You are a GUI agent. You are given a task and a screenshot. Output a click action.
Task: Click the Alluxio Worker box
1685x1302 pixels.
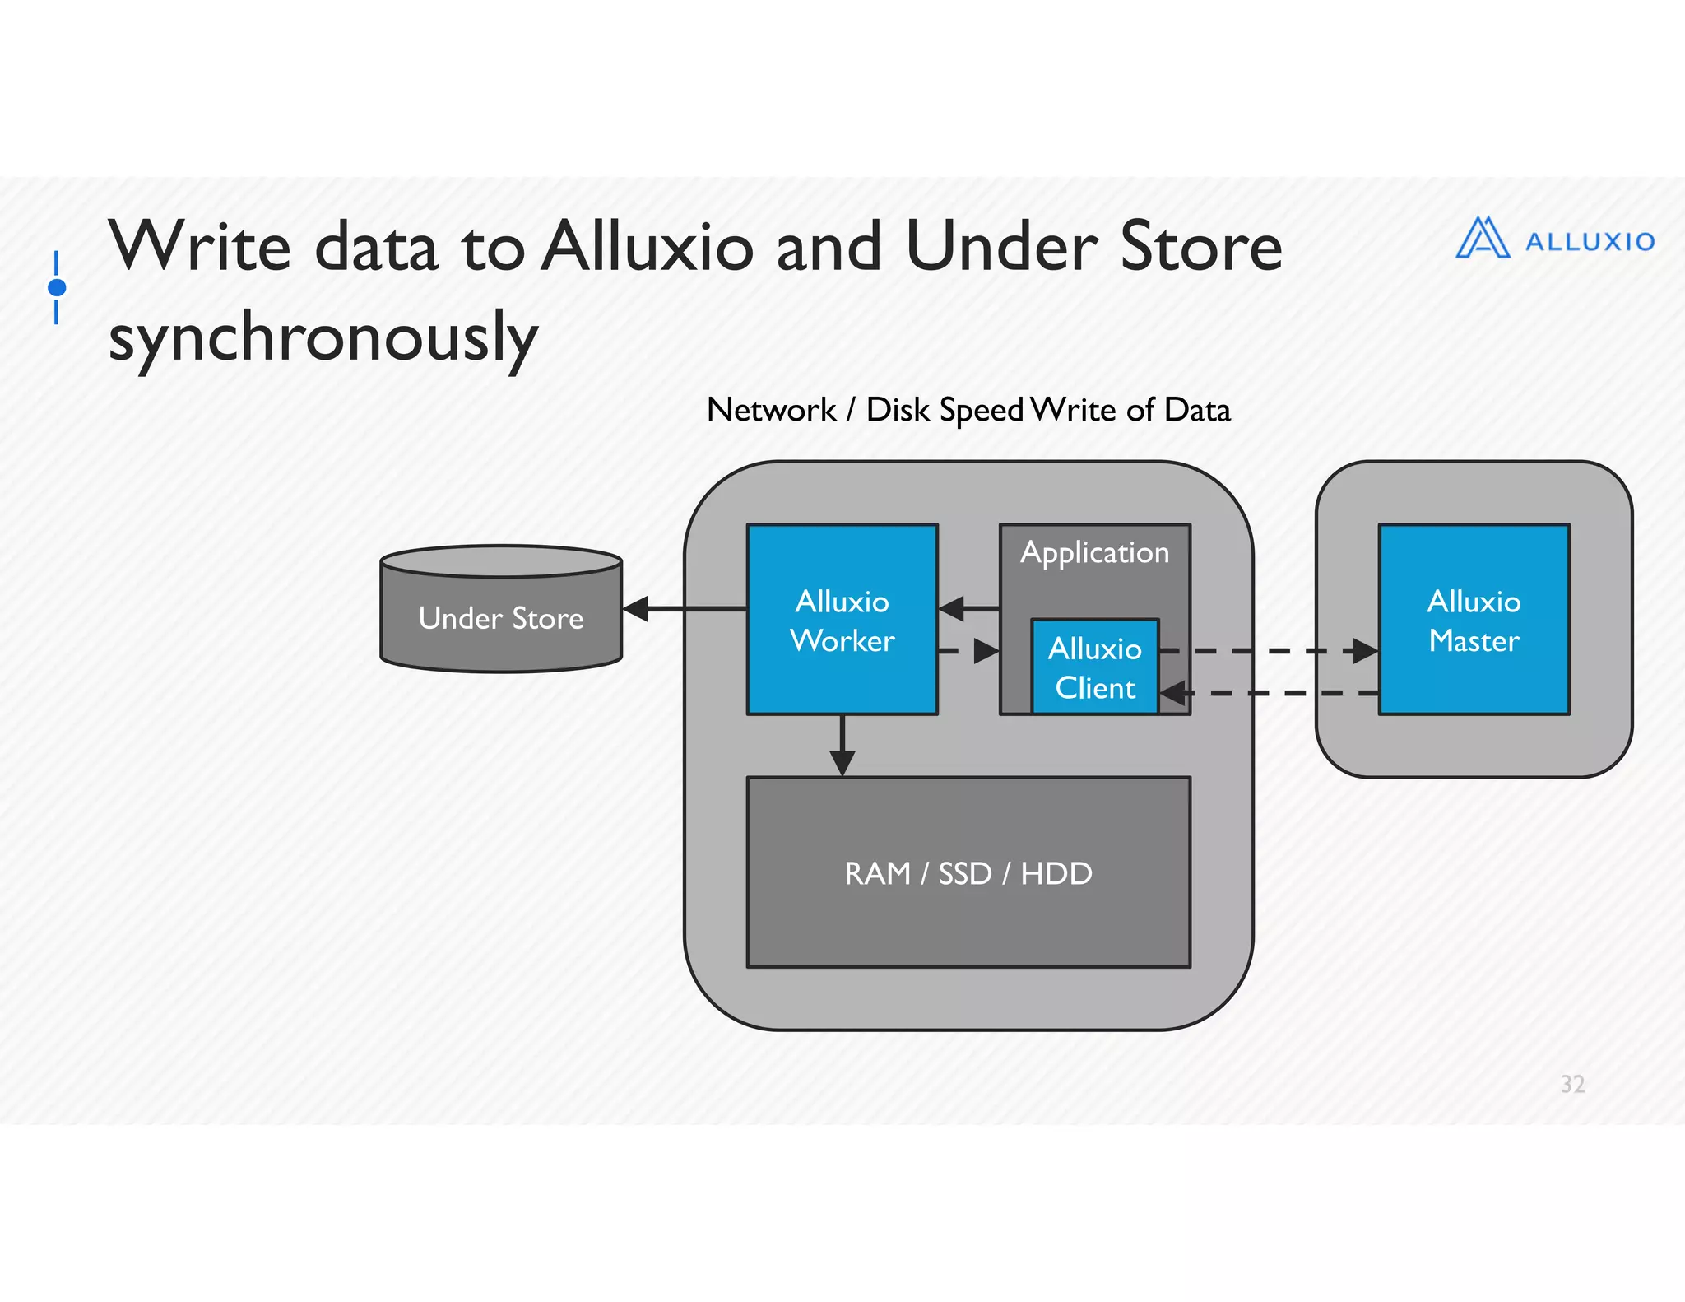point(842,620)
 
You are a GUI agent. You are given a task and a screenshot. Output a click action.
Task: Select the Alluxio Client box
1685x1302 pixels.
point(1094,667)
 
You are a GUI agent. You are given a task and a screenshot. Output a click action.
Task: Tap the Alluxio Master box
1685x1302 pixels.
point(1474,620)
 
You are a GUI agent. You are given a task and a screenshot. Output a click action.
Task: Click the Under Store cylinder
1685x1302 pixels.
point(500,617)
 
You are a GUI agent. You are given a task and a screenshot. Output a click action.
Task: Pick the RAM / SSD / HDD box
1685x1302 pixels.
point(968,872)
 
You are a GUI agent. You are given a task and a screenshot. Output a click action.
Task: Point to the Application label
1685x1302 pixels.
point(1094,552)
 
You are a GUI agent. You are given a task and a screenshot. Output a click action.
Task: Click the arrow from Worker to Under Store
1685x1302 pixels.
point(683,609)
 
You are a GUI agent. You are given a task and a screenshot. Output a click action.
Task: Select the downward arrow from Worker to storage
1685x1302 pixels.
point(842,745)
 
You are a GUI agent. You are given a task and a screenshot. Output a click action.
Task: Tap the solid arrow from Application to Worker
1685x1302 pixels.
point(968,609)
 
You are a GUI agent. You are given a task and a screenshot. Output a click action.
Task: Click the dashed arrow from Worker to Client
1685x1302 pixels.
point(968,651)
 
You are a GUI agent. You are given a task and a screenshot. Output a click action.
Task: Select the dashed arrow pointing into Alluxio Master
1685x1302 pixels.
point(1267,651)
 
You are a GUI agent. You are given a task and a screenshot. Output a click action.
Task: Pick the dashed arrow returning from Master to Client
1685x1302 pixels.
point(1267,694)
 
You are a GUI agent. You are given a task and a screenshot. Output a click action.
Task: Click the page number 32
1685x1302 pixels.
point(1572,1084)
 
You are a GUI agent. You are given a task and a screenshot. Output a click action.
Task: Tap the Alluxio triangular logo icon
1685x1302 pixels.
point(1483,239)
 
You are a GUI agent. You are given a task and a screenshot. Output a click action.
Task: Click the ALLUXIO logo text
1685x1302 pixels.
point(1590,242)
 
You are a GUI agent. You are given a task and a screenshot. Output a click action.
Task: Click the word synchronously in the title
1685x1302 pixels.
point(323,337)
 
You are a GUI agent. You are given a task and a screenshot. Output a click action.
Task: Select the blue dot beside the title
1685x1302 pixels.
point(57,287)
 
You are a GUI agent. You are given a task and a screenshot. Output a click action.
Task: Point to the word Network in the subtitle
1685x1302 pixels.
point(771,410)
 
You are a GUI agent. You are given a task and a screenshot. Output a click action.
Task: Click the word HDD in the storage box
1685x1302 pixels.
point(1056,873)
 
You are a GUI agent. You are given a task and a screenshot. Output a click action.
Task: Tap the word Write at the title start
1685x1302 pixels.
point(200,246)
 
